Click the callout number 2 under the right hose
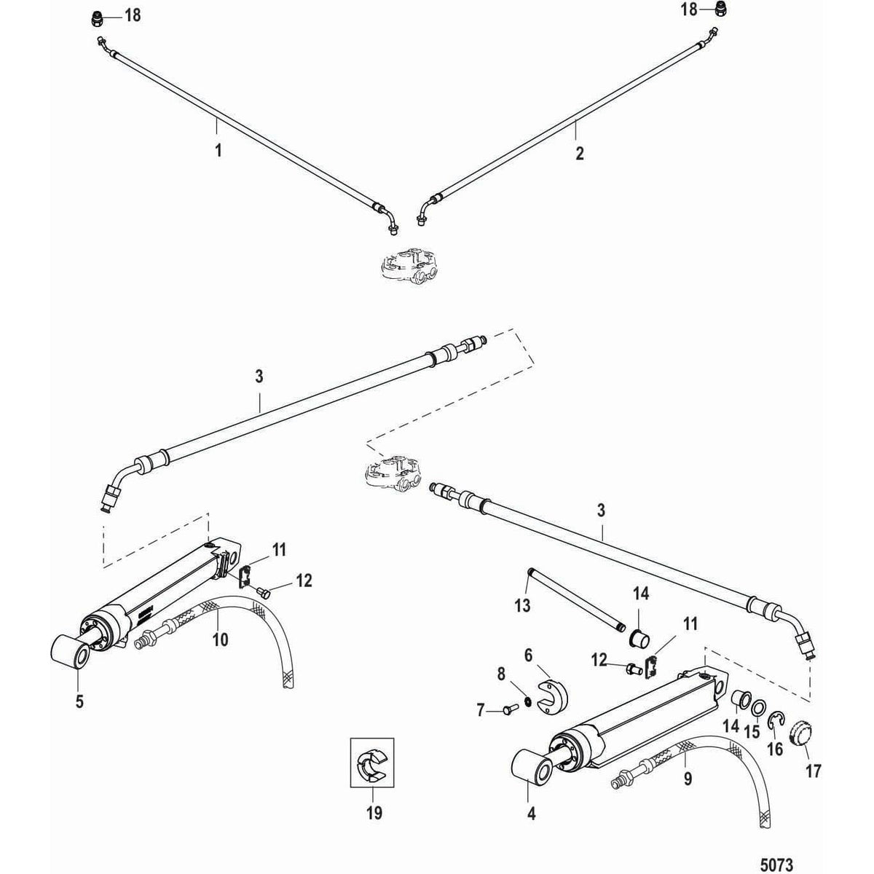click(579, 153)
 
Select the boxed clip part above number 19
click(372, 763)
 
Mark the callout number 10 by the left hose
click(220, 639)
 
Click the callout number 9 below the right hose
click(688, 779)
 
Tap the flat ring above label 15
click(758, 709)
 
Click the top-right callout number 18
click(688, 9)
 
